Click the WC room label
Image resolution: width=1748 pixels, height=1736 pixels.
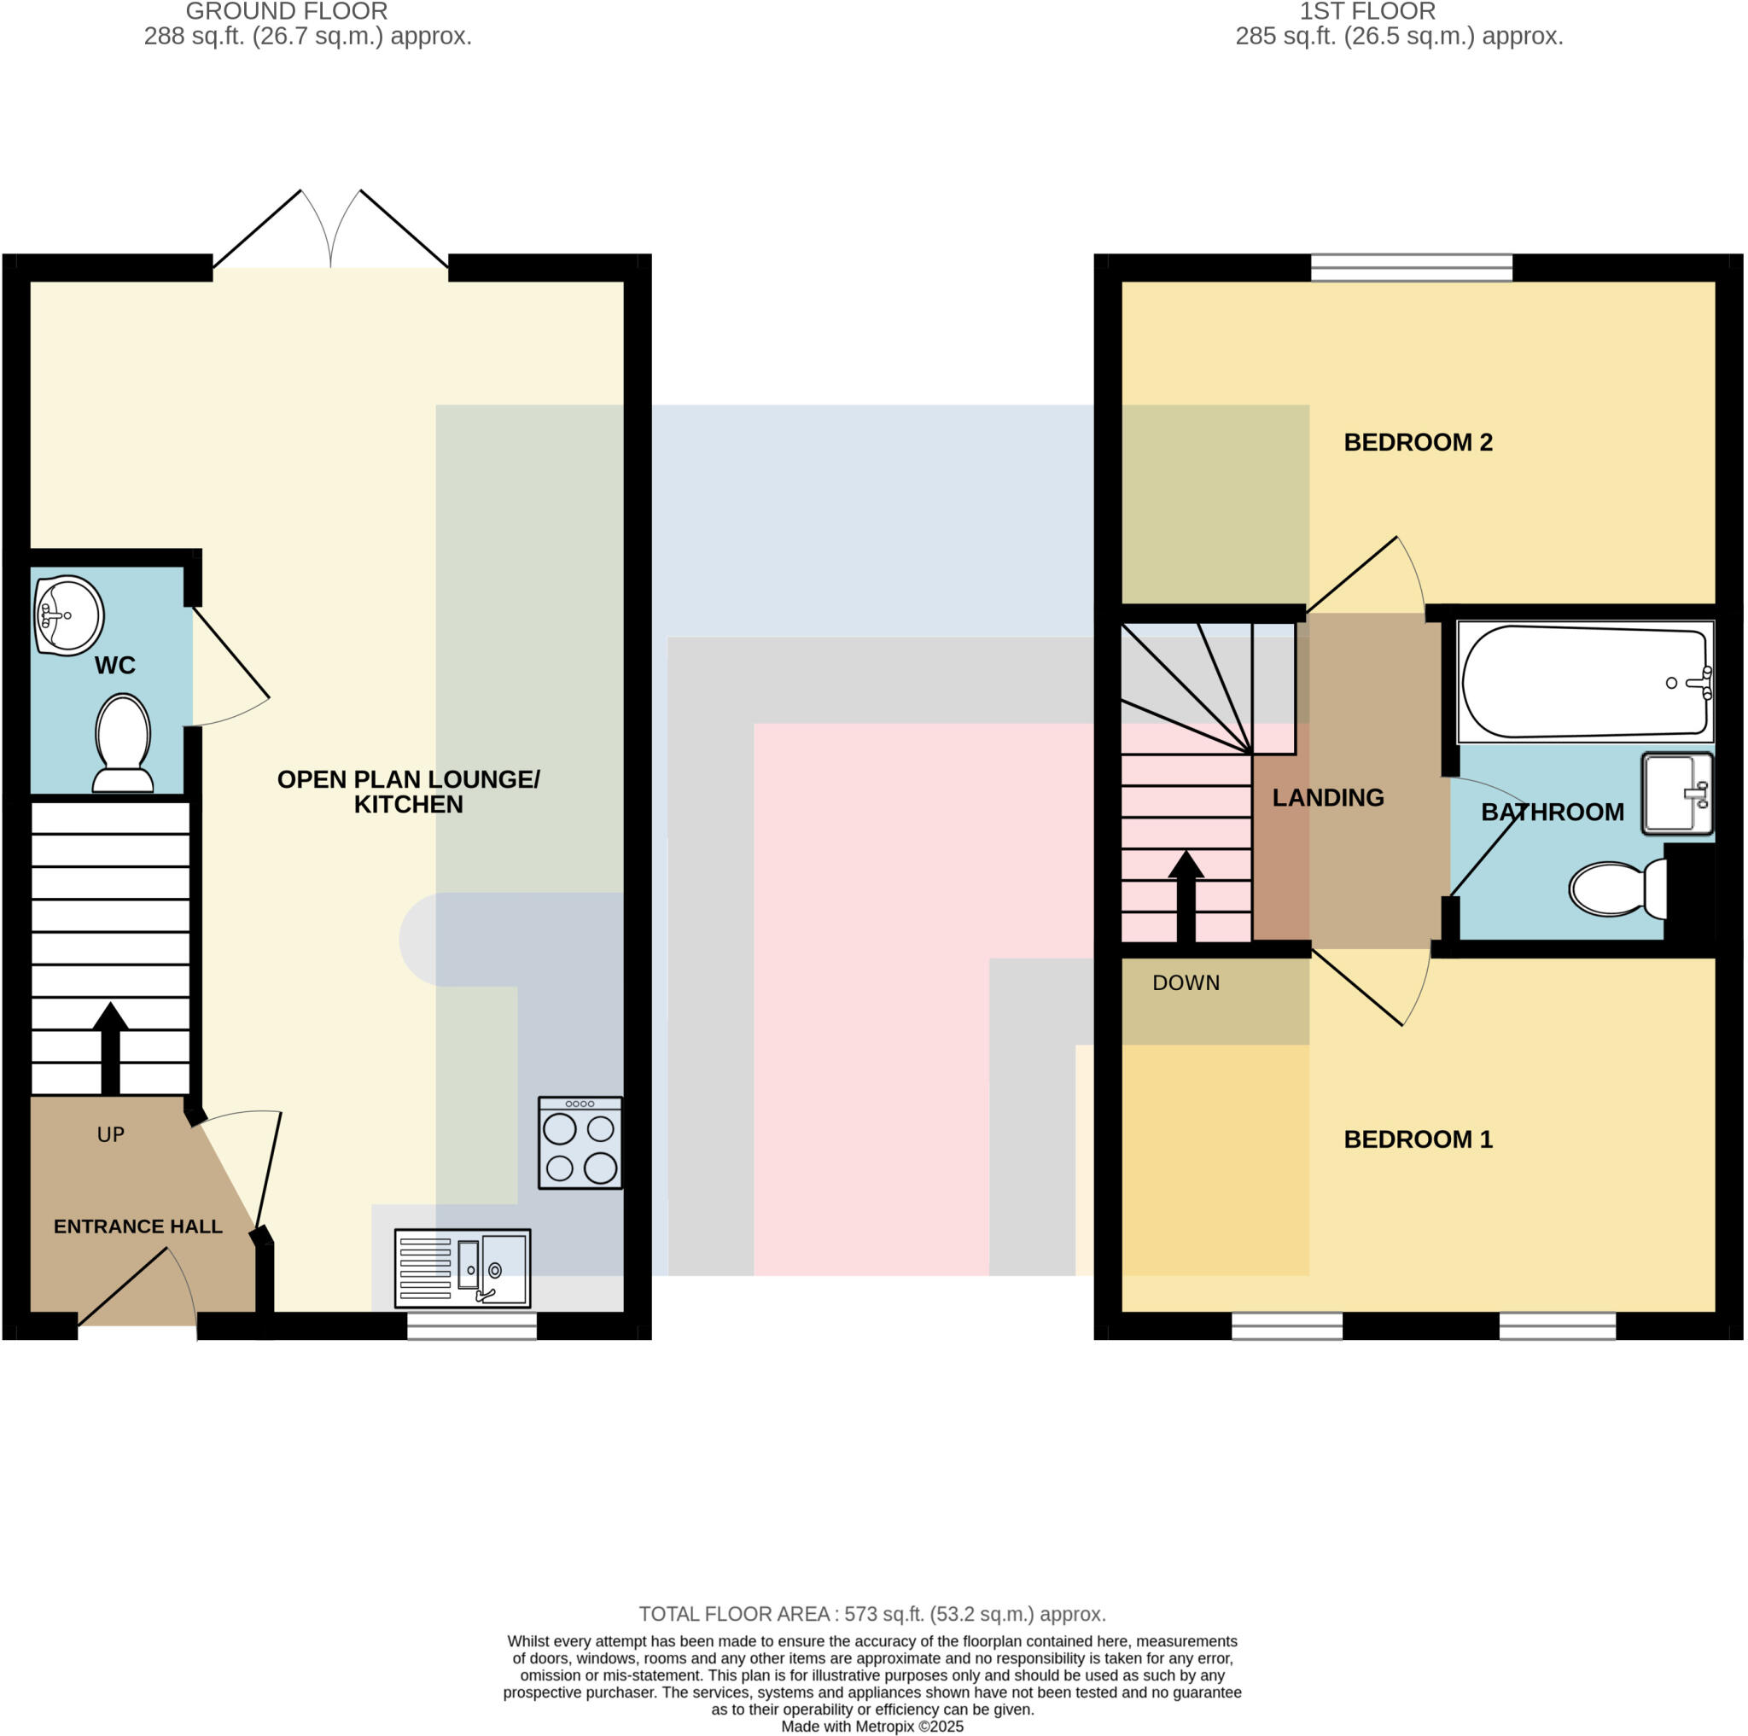[x=115, y=666]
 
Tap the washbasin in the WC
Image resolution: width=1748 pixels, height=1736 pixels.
[x=69, y=615]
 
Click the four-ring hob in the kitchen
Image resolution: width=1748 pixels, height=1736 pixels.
[x=580, y=1143]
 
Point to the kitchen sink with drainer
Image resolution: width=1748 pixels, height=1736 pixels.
[x=463, y=1267]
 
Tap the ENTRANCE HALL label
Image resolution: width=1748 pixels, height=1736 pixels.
[x=137, y=1226]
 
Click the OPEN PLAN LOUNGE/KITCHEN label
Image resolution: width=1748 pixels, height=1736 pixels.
[x=408, y=791]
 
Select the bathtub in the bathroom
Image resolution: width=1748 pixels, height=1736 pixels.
[x=1585, y=681]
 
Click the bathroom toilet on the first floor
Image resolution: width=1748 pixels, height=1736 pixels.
[x=1617, y=888]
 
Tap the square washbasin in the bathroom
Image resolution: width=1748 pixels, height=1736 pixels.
[x=1676, y=794]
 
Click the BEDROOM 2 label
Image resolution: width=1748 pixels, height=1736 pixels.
[x=1418, y=442]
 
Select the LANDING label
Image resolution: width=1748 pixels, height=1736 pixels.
[x=1327, y=798]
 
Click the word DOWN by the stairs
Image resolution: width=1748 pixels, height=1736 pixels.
[x=1186, y=982]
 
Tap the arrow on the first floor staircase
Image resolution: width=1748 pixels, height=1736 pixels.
[x=1186, y=895]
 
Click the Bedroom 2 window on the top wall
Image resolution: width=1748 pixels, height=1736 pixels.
[x=1412, y=267]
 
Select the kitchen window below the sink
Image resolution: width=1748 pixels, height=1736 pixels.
[x=471, y=1325]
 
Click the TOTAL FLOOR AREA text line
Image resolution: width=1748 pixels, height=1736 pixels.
[x=872, y=1614]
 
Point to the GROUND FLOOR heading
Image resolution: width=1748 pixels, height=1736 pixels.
[x=287, y=12]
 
